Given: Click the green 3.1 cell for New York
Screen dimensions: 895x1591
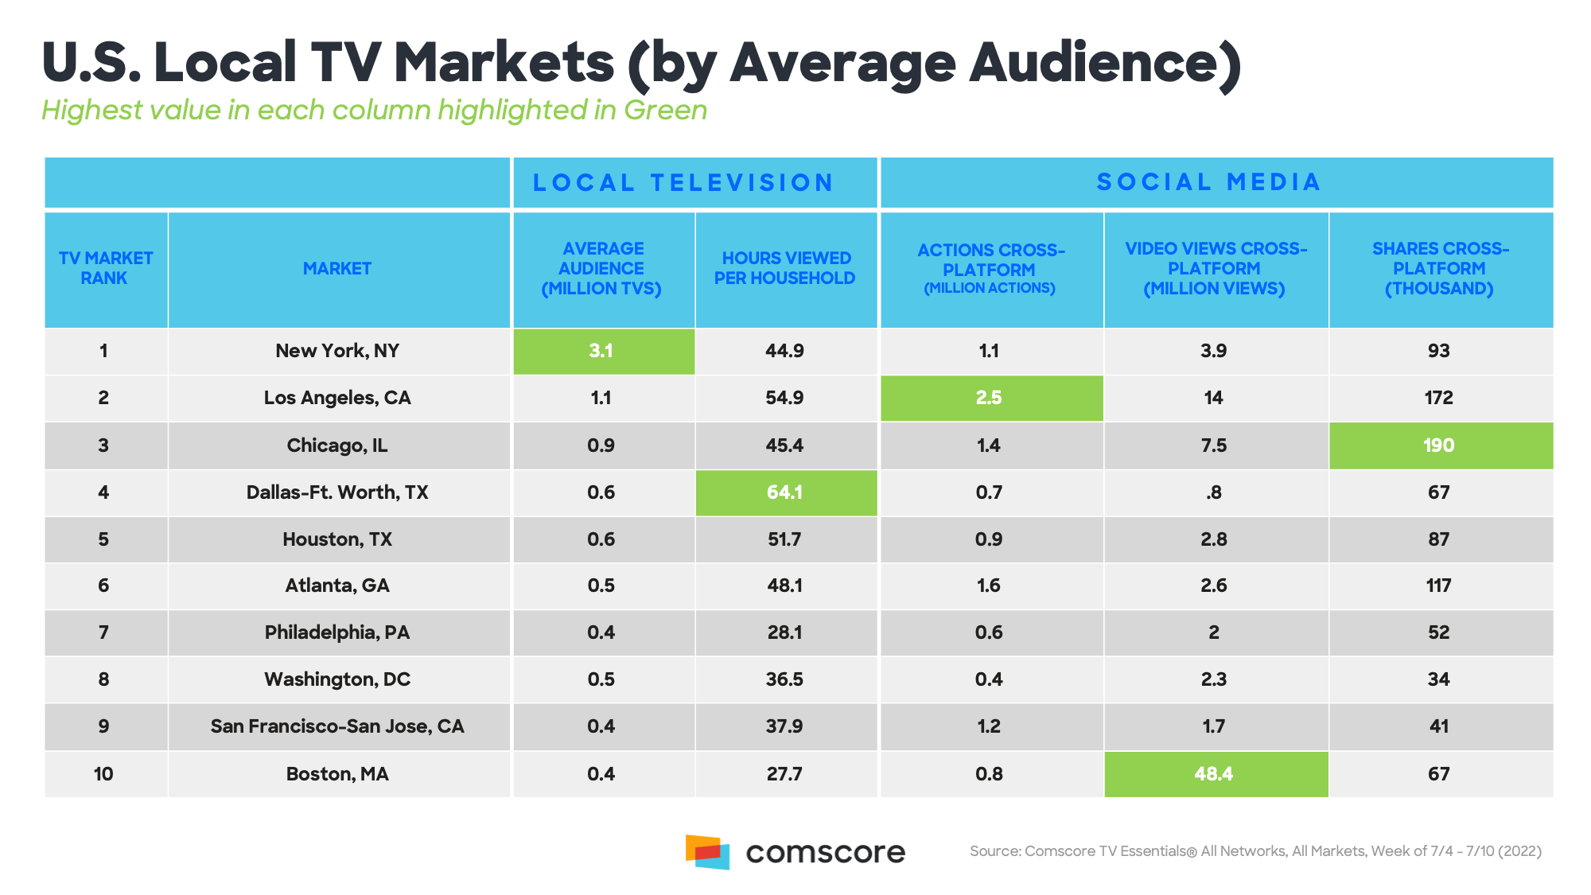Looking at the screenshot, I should tap(601, 351).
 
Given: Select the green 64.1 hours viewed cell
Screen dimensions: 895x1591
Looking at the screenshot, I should tap(784, 492).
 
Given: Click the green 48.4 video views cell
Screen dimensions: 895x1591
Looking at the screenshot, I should tap(1214, 774).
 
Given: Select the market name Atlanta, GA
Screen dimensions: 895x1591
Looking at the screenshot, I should tap(337, 586).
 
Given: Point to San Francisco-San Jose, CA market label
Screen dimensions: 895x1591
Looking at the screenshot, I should tap(337, 726).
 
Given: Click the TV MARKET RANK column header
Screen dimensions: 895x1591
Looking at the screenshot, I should tap(105, 269).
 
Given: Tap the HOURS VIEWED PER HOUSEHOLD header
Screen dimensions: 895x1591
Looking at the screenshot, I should tap(785, 269).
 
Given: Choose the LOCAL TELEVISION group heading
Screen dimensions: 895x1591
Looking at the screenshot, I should tap(683, 183).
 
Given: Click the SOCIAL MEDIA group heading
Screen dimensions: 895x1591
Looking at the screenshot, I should tap(1209, 183).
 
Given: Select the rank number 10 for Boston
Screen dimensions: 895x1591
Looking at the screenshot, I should tap(103, 774).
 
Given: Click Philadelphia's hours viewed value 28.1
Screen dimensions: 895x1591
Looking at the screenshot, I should tap(784, 632).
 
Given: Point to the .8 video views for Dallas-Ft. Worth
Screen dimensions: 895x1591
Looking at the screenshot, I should tap(1214, 492).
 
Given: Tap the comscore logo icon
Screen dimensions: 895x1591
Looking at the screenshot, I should tap(707, 852).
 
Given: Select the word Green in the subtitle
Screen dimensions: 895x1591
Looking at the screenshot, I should tap(665, 110).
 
